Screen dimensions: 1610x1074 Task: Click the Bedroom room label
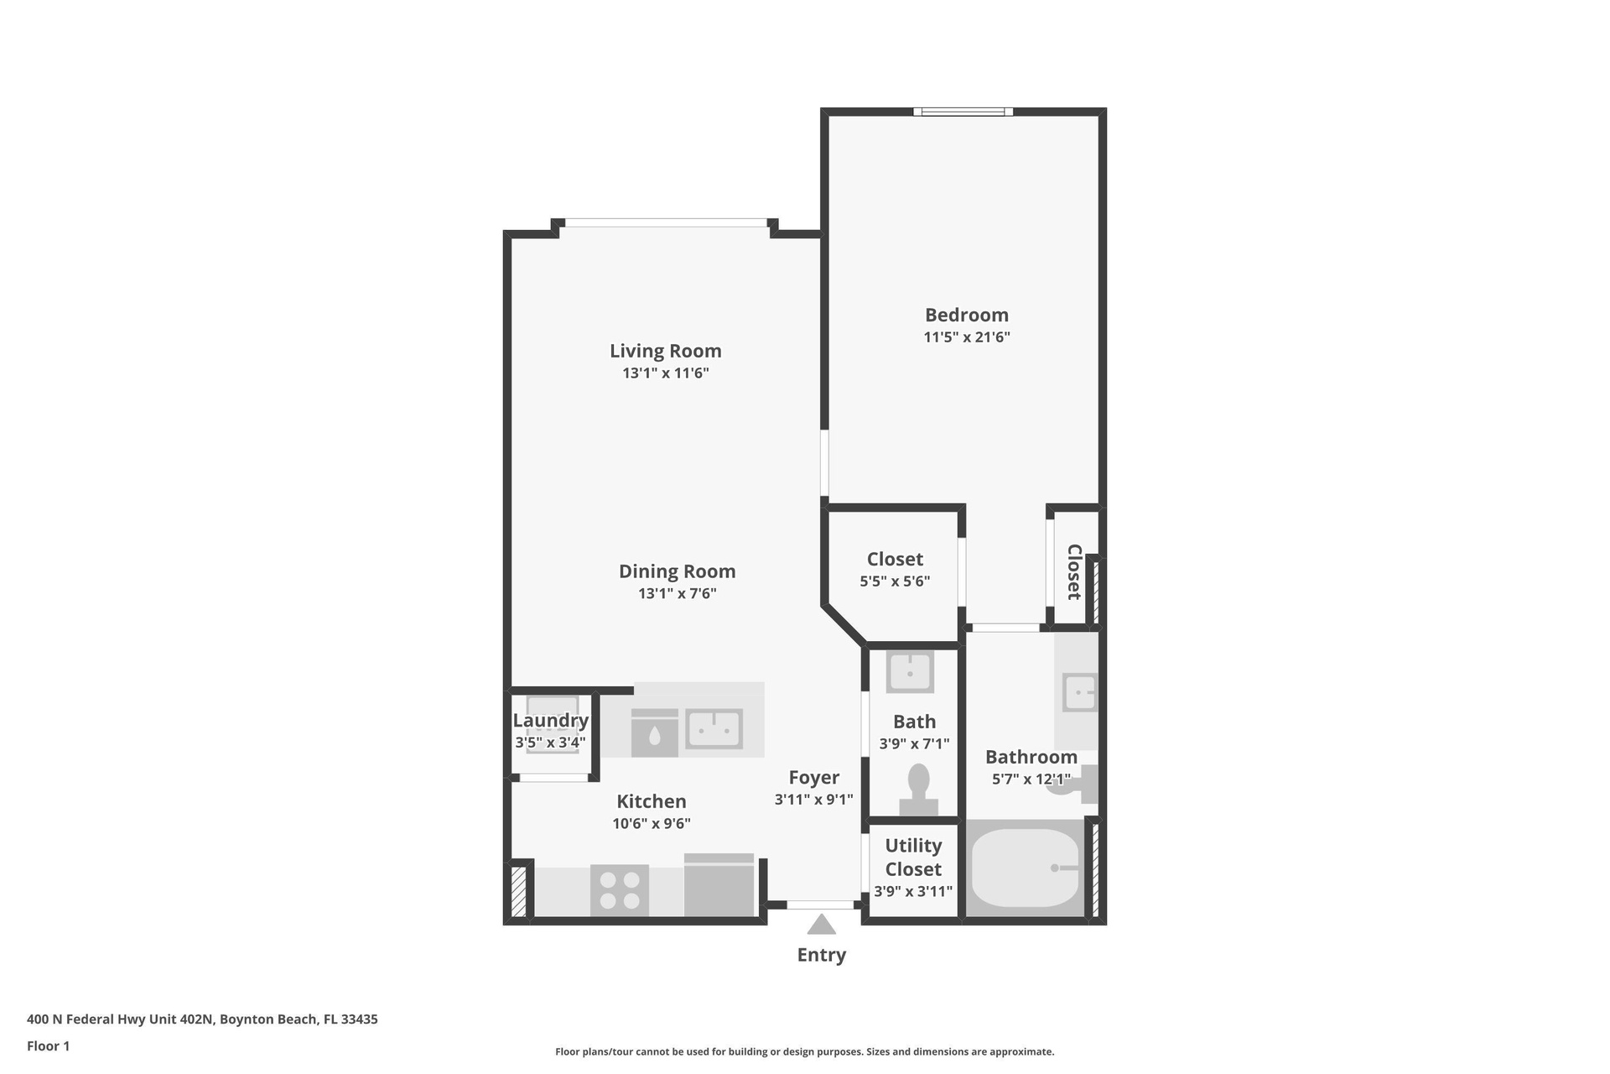pos(966,315)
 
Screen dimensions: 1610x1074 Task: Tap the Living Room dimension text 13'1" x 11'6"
pos(666,373)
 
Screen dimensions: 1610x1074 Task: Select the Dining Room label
pos(678,571)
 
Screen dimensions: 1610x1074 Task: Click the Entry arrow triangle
pos(821,924)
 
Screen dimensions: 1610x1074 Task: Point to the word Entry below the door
pos(822,955)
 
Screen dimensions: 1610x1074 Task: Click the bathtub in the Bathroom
pos(1025,868)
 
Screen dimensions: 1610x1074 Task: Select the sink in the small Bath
pos(910,671)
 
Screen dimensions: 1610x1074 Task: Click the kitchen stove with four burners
pos(620,890)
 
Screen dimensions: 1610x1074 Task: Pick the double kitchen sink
pos(714,728)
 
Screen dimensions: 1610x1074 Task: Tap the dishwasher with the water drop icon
pos(654,733)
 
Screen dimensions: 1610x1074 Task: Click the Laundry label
pos(551,721)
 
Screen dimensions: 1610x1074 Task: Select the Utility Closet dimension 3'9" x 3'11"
pos(913,891)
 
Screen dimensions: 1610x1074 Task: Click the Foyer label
pos(813,778)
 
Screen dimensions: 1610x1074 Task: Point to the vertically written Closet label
pos(1074,572)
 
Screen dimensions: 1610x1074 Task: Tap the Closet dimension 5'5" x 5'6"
pos(895,581)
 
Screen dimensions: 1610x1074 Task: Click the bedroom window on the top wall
pos(963,112)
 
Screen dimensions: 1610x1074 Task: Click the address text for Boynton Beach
pos(202,1019)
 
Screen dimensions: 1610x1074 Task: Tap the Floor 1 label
pos(48,1045)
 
